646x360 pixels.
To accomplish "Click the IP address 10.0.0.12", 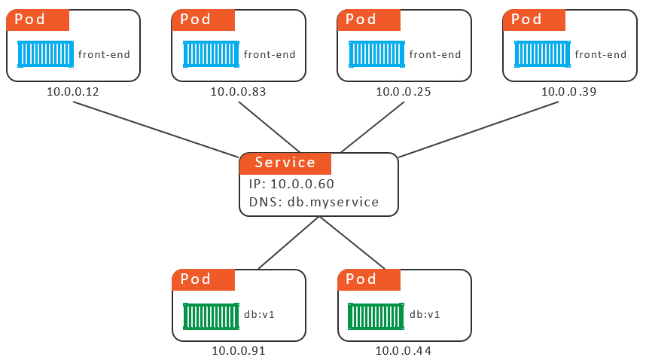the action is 73,91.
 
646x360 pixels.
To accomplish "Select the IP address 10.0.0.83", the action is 238,91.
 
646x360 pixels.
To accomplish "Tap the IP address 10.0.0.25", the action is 404,91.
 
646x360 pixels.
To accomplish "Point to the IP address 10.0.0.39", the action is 568,91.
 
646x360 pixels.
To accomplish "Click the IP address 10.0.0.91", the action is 239,351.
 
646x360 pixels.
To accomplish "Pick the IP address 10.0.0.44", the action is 404,351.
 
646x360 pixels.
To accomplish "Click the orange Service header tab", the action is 285,163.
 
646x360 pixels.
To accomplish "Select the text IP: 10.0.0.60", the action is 291,184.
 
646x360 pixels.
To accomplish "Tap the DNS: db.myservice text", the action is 314,202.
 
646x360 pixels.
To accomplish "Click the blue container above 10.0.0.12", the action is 46,54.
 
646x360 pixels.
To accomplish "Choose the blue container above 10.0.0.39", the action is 542,54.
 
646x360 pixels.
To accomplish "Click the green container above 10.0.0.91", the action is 211,316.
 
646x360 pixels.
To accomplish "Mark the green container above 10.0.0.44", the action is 376,316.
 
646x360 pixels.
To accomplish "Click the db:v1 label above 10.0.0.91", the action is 259,315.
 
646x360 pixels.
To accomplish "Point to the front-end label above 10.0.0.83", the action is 270,54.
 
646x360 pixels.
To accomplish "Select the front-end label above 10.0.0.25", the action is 435,54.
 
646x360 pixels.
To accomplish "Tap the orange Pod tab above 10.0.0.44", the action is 369,279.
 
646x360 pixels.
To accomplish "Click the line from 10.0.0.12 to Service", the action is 156,130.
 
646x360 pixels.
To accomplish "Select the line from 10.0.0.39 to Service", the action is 478,130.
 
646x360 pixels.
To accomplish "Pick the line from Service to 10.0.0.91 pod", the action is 289,243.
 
